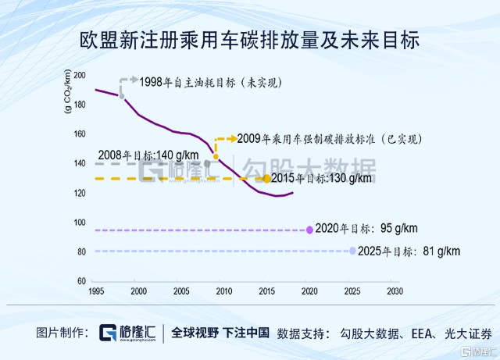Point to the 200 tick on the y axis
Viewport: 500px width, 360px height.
click(x=80, y=75)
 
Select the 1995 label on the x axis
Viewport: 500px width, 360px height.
click(x=95, y=290)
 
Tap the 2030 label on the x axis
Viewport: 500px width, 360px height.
click(x=395, y=290)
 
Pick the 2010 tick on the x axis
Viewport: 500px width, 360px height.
click(x=223, y=290)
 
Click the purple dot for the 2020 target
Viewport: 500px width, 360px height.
click(x=310, y=230)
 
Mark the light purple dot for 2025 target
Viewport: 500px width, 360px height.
click(x=353, y=251)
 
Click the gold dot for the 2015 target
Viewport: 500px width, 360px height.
click(x=266, y=179)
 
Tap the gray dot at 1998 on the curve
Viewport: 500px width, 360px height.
click(x=121, y=95)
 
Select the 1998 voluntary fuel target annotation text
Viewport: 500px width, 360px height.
click(x=209, y=81)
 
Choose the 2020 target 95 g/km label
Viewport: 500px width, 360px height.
click(x=367, y=229)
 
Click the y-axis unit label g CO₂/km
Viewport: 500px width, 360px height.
click(x=69, y=91)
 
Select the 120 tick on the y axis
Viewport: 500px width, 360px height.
click(x=80, y=193)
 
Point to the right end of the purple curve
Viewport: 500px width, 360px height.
click(x=293, y=193)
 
